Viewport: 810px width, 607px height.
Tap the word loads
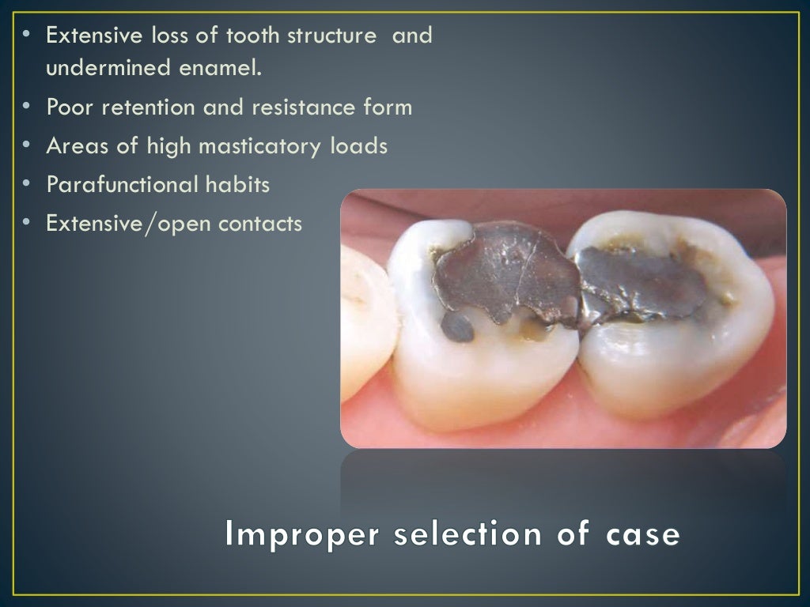(x=360, y=146)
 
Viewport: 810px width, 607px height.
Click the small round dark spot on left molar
(x=456, y=326)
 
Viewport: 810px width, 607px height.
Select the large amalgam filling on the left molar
(x=506, y=273)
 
